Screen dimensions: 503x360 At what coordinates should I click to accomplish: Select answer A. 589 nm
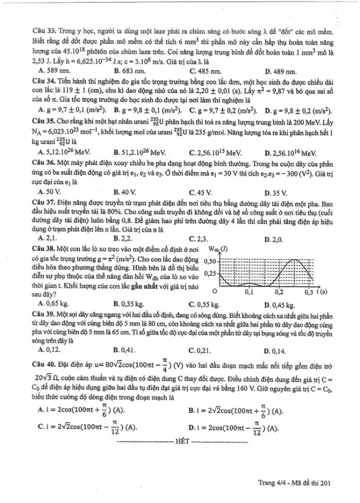[53, 71]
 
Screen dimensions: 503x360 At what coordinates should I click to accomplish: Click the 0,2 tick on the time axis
[279, 291]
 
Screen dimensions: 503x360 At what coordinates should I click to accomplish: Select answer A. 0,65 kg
[54, 304]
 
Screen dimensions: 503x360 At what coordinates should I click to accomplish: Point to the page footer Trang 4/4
[272, 483]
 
